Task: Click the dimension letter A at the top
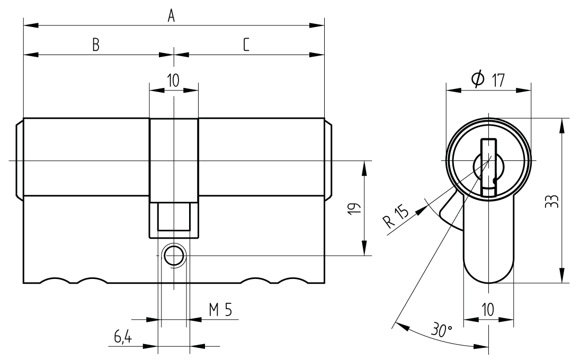(x=171, y=16)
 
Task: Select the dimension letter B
(x=96, y=46)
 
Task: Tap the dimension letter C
(x=246, y=46)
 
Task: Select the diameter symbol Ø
(x=477, y=79)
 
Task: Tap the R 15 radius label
(x=397, y=217)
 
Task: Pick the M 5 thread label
(x=220, y=310)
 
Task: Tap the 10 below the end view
(x=488, y=310)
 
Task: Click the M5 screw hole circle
(x=173, y=255)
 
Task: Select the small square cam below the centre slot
(x=174, y=217)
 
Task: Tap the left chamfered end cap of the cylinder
(x=19, y=159)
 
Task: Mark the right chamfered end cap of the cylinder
(x=328, y=159)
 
